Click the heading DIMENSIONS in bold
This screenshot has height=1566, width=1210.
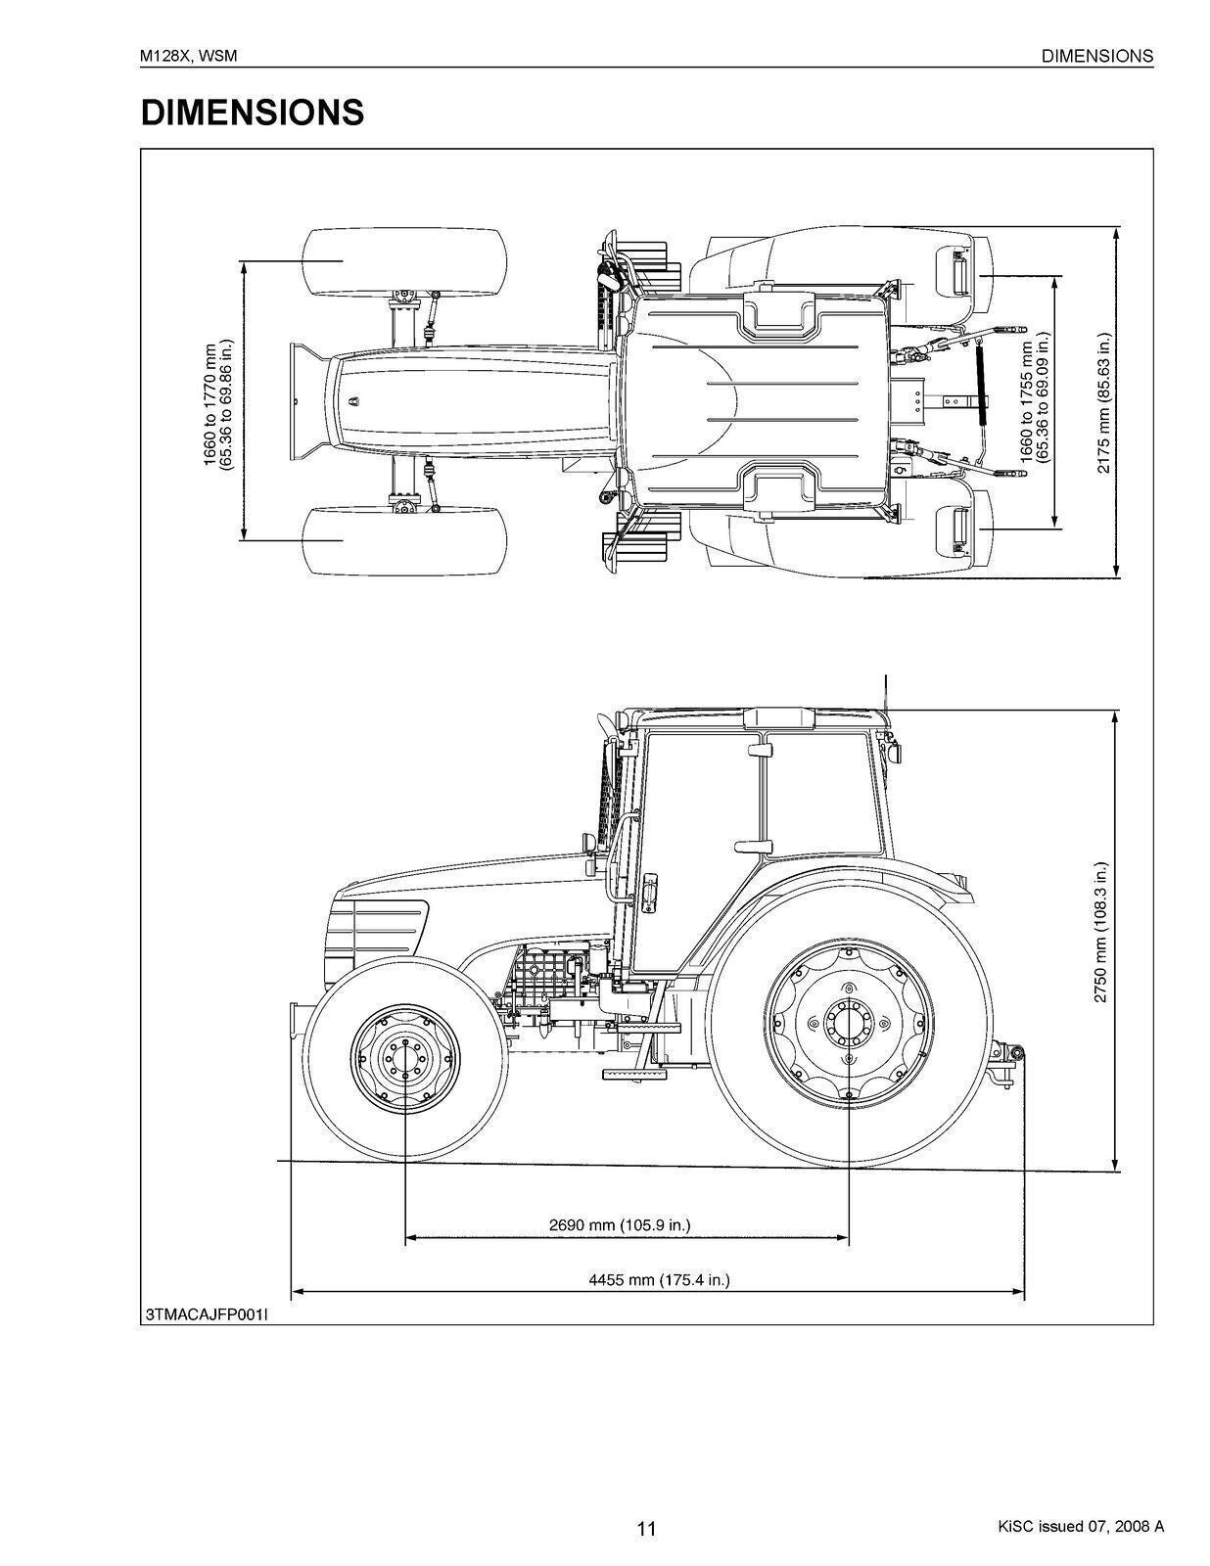point(253,113)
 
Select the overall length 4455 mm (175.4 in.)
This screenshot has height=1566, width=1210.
point(659,1279)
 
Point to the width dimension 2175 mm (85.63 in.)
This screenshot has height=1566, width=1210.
point(1103,403)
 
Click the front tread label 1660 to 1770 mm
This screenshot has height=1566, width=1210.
point(217,403)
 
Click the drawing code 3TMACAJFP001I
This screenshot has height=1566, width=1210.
point(206,1314)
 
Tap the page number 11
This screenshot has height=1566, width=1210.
point(646,1529)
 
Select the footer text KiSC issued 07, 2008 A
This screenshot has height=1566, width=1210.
point(1081,1526)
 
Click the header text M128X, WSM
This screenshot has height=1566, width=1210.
point(189,56)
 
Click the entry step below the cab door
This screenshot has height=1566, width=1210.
point(632,1074)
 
